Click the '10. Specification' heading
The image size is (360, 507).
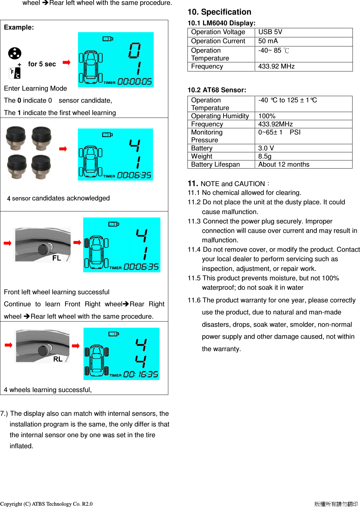(x=219, y=12)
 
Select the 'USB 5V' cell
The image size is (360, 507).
(x=270, y=32)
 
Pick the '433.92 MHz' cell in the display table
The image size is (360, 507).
(x=276, y=67)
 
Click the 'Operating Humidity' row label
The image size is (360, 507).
(x=220, y=116)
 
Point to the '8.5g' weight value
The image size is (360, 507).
(x=264, y=157)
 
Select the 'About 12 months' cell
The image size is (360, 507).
(x=284, y=165)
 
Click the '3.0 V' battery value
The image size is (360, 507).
(x=266, y=148)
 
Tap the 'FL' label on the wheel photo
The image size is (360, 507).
(x=57, y=258)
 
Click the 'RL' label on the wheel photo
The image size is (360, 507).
(x=58, y=359)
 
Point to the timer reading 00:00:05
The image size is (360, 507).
(x=134, y=82)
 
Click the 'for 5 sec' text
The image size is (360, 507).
(x=42, y=64)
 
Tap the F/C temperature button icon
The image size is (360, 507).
(x=15, y=73)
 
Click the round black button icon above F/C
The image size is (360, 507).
(x=15, y=53)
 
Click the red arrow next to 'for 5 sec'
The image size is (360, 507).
(x=67, y=63)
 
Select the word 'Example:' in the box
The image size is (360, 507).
(x=19, y=28)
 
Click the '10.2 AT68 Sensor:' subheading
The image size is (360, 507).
(x=217, y=90)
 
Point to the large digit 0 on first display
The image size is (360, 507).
(x=134, y=50)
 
